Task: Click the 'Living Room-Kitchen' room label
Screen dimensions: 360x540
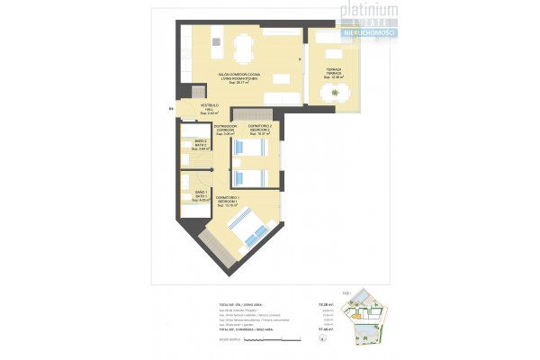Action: pos(238,77)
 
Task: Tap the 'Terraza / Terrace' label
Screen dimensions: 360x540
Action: pos(334,74)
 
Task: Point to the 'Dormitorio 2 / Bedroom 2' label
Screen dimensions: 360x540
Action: pos(258,130)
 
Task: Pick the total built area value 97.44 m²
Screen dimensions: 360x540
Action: pos(326,330)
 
